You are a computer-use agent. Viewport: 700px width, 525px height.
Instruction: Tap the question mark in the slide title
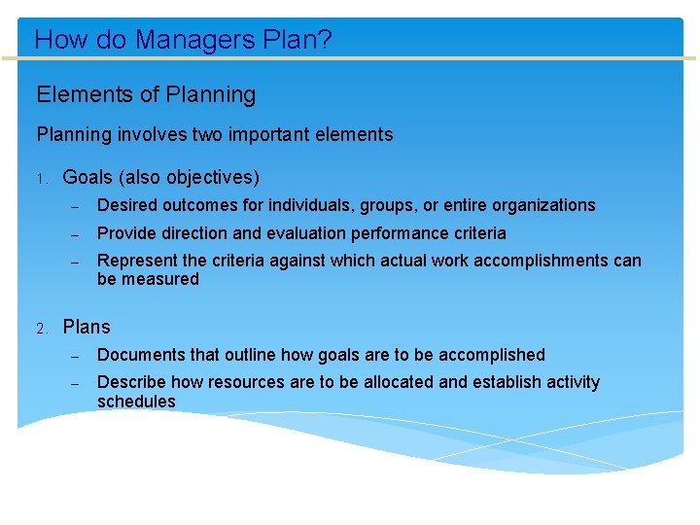point(326,40)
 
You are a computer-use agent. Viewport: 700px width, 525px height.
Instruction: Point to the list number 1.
point(42,179)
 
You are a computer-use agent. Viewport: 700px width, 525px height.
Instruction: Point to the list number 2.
point(42,328)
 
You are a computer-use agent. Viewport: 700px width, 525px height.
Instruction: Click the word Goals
point(88,178)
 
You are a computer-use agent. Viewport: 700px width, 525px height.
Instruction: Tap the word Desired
point(128,205)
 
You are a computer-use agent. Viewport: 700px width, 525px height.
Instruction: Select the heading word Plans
point(87,327)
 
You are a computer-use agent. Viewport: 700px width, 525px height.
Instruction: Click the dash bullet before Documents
point(74,355)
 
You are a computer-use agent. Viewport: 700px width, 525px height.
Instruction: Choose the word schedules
point(136,402)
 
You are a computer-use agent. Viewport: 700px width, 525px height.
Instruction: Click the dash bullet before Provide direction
point(74,233)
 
